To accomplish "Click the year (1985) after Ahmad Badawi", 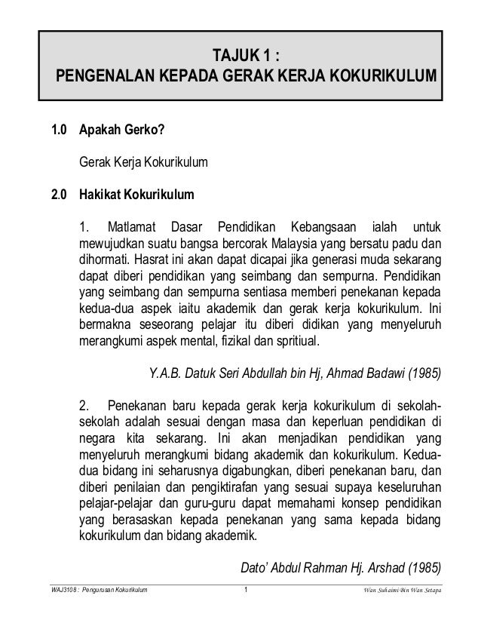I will tap(424, 372).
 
